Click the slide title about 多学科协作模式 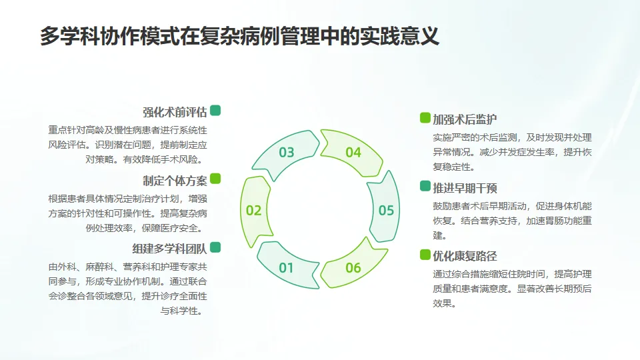click(x=239, y=36)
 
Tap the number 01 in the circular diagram click(x=287, y=269)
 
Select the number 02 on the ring click(x=253, y=211)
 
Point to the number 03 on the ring click(x=287, y=153)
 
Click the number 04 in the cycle click(x=353, y=153)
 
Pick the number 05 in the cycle click(x=387, y=211)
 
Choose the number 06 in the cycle click(x=353, y=269)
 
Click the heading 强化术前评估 click(x=175, y=112)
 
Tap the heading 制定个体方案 click(x=175, y=180)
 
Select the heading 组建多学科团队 click(x=169, y=248)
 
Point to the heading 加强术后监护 click(x=465, y=119)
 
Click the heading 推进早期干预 click(x=465, y=187)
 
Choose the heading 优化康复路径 click(x=465, y=255)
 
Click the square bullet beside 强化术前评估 click(x=215, y=111)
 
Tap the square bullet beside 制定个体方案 click(x=215, y=179)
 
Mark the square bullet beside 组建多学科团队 click(x=215, y=247)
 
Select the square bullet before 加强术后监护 click(x=425, y=118)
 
